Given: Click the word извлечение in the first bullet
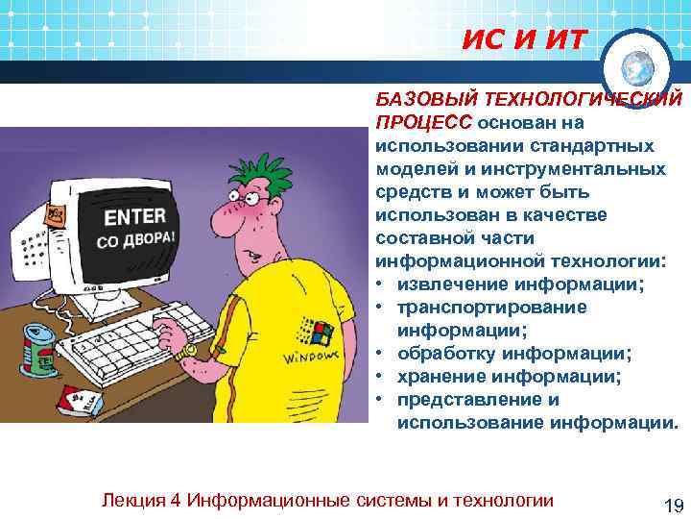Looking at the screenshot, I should tap(451, 284).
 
